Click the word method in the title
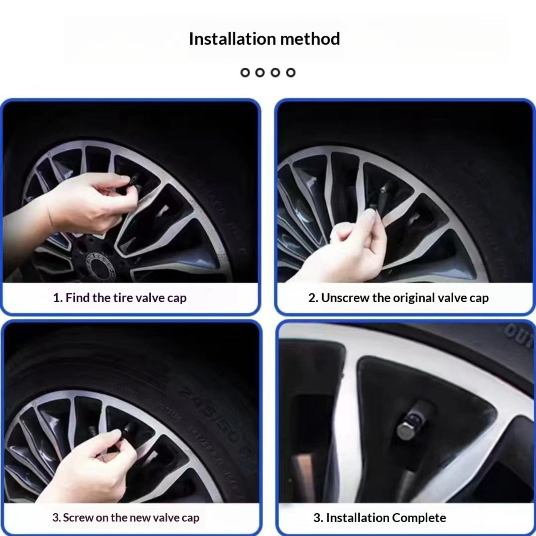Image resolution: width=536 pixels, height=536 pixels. click(310, 39)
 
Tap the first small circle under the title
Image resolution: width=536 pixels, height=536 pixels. click(245, 72)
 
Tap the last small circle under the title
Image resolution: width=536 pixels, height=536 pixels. click(291, 72)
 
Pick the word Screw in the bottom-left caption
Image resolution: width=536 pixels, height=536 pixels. click(78, 517)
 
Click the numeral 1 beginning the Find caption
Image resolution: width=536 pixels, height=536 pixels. click(56, 297)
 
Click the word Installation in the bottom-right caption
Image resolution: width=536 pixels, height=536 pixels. click(357, 518)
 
